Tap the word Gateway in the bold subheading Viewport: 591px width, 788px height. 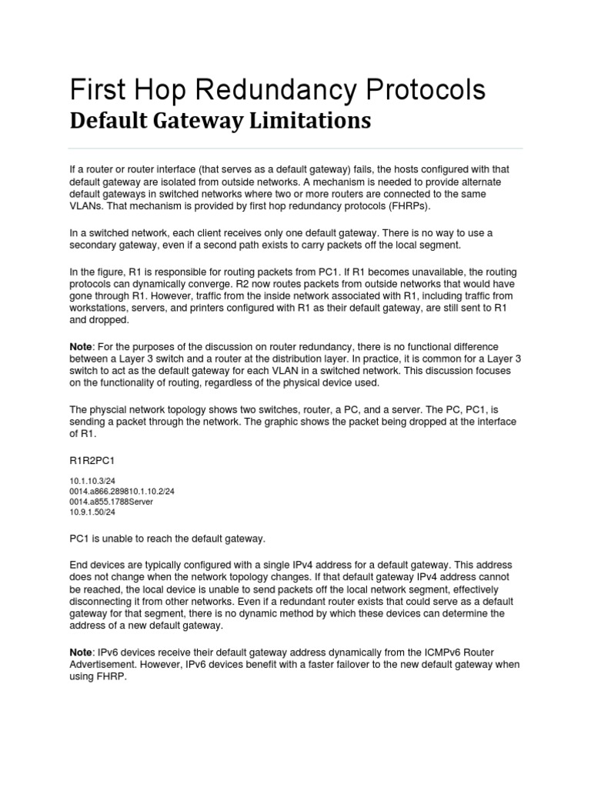pyautogui.click(x=202, y=121)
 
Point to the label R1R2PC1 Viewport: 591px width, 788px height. pyautogui.click(x=93, y=459)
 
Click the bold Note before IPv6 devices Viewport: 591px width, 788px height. pyautogui.click(x=82, y=652)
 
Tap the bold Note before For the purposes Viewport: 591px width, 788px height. pyautogui.click(x=82, y=347)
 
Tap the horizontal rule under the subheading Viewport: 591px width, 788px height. pyautogui.click(x=295, y=148)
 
